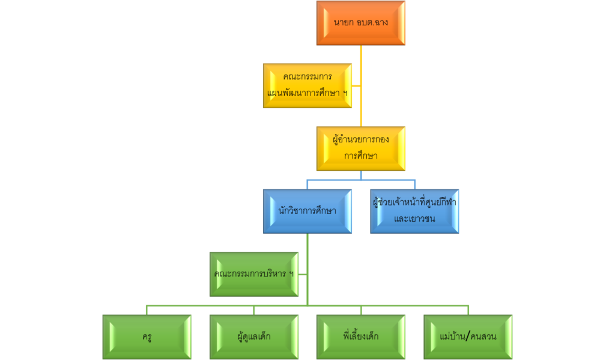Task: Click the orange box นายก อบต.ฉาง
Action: tap(361, 23)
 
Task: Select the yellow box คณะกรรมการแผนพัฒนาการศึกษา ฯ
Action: tap(307, 86)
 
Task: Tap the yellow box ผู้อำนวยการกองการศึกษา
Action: tap(361, 148)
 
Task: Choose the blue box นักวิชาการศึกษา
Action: tap(307, 211)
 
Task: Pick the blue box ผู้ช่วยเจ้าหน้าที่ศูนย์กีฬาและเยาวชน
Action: tap(414, 211)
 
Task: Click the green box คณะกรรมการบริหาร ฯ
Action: tap(254, 274)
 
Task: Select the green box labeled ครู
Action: tap(147, 337)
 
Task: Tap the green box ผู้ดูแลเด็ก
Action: tap(254, 337)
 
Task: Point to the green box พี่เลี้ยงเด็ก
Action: tap(361, 337)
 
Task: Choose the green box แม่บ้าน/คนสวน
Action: tap(468, 337)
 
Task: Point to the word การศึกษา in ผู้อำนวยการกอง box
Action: tap(361, 155)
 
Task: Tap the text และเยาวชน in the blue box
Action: tap(414, 218)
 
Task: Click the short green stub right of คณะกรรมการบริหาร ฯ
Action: tap(303, 274)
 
